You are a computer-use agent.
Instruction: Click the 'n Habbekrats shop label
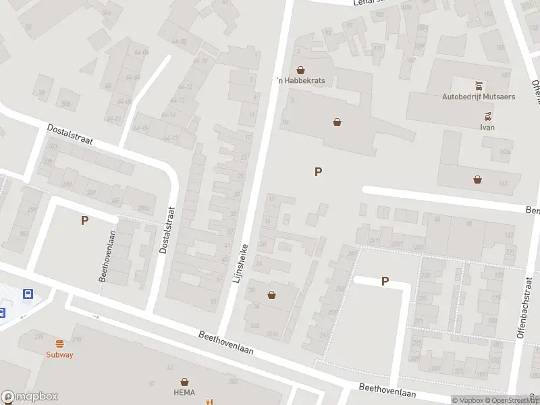pos(300,80)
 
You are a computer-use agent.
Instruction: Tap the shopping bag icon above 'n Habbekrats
pos(300,70)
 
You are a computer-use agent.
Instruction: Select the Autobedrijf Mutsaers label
pos(479,97)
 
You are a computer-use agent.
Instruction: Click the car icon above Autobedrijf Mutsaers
pos(479,86)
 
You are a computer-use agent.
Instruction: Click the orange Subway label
pos(59,355)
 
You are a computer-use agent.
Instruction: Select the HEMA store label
pos(184,393)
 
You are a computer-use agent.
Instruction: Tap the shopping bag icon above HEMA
pos(184,382)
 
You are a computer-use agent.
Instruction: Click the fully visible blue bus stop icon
pos(28,294)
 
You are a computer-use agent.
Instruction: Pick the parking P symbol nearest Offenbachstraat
pos(385,281)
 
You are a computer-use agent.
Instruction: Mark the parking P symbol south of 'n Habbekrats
pos(318,172)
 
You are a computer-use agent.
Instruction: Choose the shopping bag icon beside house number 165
pos(478,180)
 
